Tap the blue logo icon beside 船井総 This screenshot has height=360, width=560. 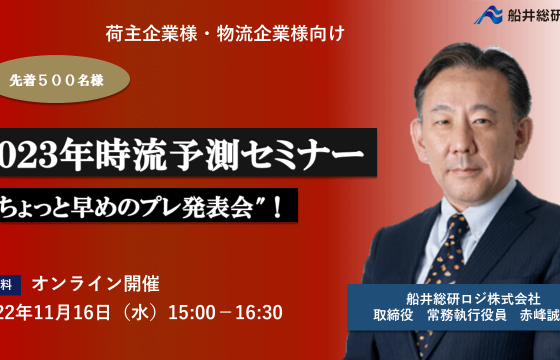coord(487,16)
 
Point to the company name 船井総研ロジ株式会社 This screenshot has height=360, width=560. coord(459,298)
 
